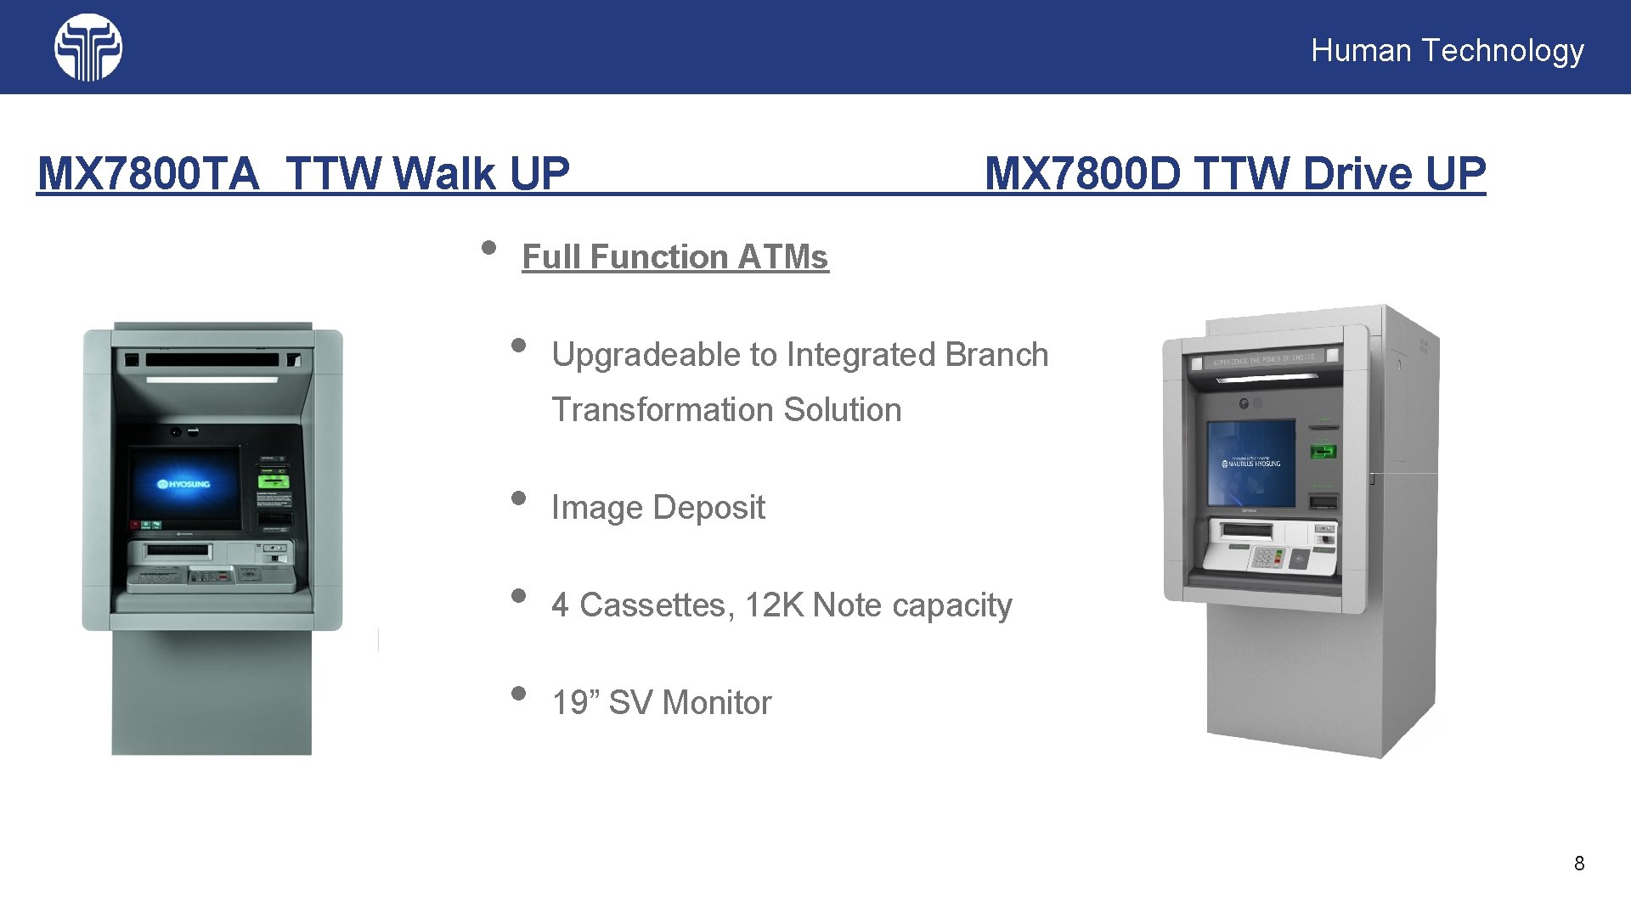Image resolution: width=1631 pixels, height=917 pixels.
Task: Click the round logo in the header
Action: click(87, 48)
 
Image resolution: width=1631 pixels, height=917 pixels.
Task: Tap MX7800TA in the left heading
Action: click(148, 174)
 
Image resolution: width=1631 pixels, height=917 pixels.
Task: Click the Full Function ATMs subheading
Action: click(675, 256)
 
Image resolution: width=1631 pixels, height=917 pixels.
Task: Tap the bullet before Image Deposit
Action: click(518, 498)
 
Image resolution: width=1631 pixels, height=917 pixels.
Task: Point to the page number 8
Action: click(1579, 864)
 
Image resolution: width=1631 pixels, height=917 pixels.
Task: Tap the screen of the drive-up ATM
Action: click(1252, 463)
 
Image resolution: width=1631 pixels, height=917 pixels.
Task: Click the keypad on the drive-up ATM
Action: click(1266, 558)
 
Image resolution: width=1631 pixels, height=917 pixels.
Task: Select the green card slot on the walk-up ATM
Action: click(274, 481)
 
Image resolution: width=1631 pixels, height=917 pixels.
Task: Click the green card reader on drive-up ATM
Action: click(1323, 451)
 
